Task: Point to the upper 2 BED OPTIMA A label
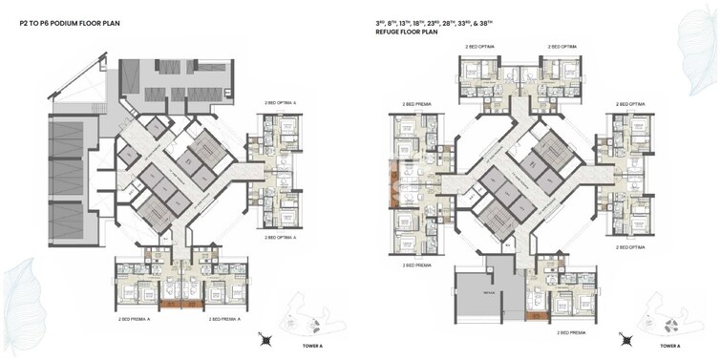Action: (281, 102)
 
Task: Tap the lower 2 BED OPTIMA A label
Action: (281, 233)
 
